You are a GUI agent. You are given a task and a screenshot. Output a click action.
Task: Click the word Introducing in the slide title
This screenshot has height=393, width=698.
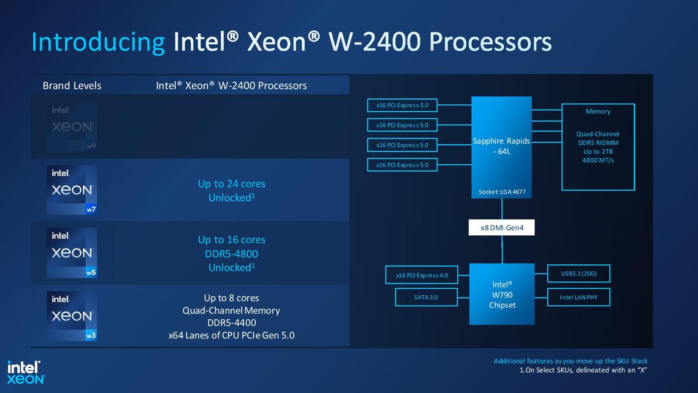tap(98, 43)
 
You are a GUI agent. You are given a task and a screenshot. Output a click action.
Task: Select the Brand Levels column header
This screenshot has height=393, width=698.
tap(72, 86)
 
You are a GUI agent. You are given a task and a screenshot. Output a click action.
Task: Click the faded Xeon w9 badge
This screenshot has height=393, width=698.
tap(72, 127)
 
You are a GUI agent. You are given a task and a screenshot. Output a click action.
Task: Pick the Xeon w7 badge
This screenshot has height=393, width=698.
tap(72, 190)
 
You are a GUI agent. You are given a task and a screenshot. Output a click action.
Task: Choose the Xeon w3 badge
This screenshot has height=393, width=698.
tap(72, 316)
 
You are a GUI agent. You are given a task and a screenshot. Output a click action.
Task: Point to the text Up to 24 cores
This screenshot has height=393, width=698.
tap(232, 183)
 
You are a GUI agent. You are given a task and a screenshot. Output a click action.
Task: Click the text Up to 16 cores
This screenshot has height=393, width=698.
tap(232, 239)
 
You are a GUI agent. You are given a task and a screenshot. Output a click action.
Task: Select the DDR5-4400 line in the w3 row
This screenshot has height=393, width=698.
tap(232, 323)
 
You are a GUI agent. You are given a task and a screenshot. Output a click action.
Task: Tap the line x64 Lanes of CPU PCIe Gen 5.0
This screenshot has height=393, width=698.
tap(232, 335)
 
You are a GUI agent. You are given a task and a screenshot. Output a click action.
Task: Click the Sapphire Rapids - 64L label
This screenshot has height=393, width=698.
tap(501, 146)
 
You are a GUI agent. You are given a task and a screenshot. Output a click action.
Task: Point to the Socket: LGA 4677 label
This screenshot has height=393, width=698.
tap(501, 192)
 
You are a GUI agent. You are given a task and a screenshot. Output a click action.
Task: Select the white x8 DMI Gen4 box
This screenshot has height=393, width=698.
tap(501, 228)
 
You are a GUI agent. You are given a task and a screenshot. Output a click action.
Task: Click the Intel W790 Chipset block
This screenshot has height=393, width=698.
tap(501, 295)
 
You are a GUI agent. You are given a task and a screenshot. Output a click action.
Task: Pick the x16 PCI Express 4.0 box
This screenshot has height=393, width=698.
tap(421, 275)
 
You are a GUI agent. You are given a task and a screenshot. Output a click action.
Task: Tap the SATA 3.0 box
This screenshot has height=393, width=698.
tap(425, 297)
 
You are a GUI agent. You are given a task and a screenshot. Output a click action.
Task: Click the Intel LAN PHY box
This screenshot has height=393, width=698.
tap(578, 297)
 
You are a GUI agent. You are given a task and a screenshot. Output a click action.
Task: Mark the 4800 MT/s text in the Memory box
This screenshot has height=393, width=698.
tap(597, 160)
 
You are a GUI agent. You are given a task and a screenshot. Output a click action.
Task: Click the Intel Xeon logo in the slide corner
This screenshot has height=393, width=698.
tap(26, 372)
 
